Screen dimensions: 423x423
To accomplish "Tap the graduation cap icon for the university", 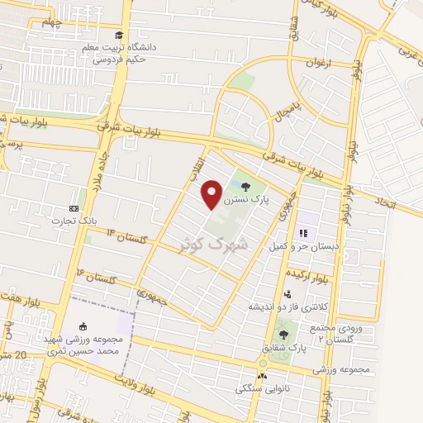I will click(x=121, y=36).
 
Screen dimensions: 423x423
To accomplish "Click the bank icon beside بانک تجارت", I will click(x=75, y=209).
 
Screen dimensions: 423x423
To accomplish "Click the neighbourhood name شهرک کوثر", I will click(x=214, y=244).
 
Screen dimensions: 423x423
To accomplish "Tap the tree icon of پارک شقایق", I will click(x=284, y=335).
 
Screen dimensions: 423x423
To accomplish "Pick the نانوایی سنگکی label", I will click(x=264, y=387).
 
